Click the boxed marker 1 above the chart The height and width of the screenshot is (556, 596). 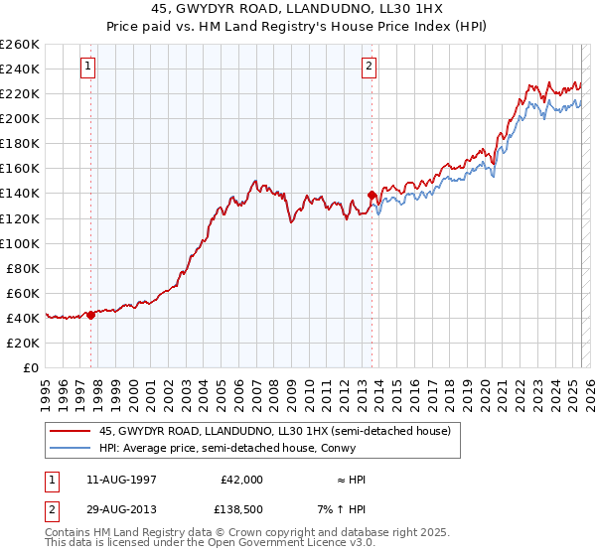(x=88, y=67)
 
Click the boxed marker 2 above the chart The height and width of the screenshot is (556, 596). (x=369, y=67)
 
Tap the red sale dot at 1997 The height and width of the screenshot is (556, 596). (x=90, y=315)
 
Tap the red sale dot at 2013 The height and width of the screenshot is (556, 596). (x=372, y=195)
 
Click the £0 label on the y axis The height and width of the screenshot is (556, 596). (x=30, y=367)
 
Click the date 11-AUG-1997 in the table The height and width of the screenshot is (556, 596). (x=120, y=479)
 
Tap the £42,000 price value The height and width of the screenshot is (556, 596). (x=241, y=479)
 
